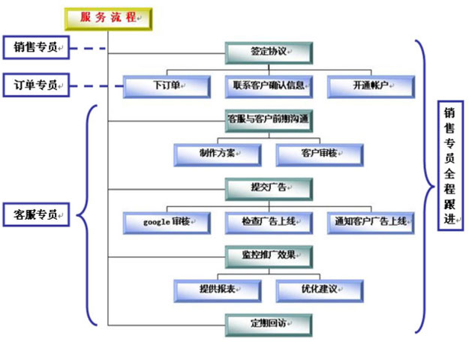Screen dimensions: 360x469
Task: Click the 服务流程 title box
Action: [109, 18]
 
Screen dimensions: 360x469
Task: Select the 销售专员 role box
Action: [36, 48]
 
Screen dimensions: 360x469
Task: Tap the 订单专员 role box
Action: [36, 84]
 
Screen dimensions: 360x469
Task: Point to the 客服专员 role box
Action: [36, 214]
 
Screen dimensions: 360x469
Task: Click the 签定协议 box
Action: [268, 52]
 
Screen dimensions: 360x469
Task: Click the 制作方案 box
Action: [218, 154]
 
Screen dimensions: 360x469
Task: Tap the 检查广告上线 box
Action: [268, 222]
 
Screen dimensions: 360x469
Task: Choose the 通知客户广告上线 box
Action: [371, 222]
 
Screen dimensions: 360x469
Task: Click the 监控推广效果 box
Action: [268, 255]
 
